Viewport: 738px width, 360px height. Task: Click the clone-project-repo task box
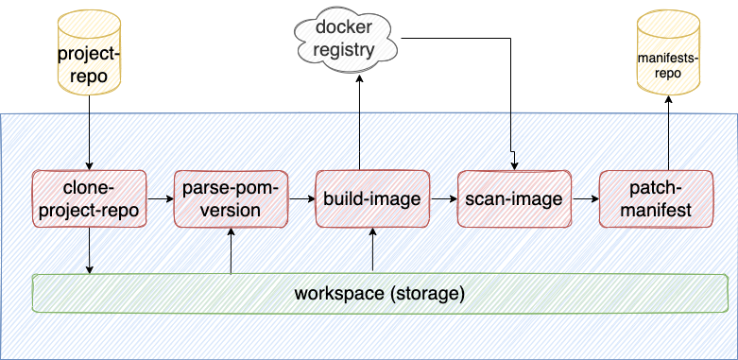(x=89, y=198)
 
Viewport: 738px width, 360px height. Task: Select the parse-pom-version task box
(x=231, y=198)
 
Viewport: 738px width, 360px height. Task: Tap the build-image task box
(x=372, y=198)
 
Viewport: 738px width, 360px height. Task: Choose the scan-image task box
(x=514, y=198)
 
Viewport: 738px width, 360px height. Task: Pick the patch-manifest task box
(x=656, y=198)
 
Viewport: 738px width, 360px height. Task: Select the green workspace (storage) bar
(x=379, y=293)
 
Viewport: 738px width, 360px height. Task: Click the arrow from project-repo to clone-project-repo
(x=89, y=132)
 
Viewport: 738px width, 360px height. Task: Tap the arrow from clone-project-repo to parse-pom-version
(x=160, y=199)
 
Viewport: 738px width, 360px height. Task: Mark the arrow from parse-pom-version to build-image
(x=301, y=199)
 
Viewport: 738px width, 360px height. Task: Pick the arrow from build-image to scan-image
(x=443, y=199)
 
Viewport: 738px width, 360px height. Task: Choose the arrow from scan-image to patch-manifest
(x=585, y=199)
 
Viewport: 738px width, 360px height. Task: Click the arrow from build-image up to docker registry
(x=358, y=123)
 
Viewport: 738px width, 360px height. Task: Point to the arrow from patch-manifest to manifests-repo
(x=669, y=132)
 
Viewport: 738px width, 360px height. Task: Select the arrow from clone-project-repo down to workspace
(x=89, y=250)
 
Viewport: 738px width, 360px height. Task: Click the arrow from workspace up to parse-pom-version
(x=231, y=250)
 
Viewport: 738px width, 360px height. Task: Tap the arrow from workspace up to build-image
(x=374, y=250)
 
